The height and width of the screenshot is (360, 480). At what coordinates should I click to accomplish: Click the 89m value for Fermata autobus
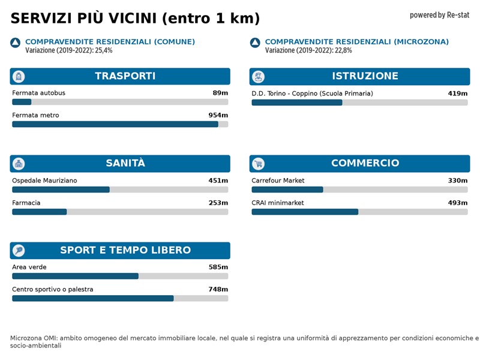tap(220, 93)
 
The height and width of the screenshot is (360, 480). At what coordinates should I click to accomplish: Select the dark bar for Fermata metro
tap(115, 124)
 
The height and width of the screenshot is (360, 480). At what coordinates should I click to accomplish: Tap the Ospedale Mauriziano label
tap(44, 181)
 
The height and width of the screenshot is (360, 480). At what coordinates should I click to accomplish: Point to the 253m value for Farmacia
tap(218, 203)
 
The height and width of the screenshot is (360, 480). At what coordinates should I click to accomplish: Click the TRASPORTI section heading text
tap(125, 76)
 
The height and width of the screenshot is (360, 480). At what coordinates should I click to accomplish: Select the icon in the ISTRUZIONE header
tap(259, 77)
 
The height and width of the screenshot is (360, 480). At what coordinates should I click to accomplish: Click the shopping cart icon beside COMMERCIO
tap(259, 164)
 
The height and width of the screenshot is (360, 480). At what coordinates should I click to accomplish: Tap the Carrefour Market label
tap(278, 181)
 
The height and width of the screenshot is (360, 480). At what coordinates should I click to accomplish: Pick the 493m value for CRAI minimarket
tap(457, 203)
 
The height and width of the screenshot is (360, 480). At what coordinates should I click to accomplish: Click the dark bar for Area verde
tap(75, 276)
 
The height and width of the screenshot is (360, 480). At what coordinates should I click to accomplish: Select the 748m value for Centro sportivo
tap(218, 289)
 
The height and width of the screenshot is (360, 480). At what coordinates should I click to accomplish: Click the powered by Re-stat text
tap(439, 15)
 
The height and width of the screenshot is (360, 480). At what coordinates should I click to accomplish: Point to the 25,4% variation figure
tap(104, 50)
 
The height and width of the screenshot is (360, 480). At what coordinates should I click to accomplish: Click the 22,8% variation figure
tap(343, 50)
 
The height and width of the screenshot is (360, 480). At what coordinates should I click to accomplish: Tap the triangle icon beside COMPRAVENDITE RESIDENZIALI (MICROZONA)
tap(255, 43)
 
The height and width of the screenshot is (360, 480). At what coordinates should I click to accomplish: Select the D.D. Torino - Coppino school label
tap(312, 94)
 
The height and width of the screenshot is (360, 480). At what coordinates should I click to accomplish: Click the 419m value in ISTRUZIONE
tap(457, 94)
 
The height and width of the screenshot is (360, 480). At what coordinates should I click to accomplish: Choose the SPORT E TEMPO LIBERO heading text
tap(125, 250)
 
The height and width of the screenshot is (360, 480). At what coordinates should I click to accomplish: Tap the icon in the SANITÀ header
tap(19, 164)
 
